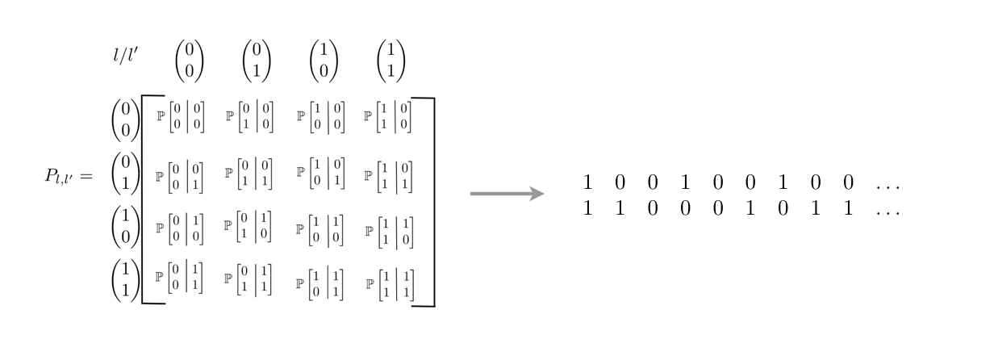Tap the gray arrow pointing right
point(507,194)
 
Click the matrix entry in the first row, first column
point(180,115)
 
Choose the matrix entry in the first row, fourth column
point(390,115)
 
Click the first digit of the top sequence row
point(587,184)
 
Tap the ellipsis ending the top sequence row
point(887,186)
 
